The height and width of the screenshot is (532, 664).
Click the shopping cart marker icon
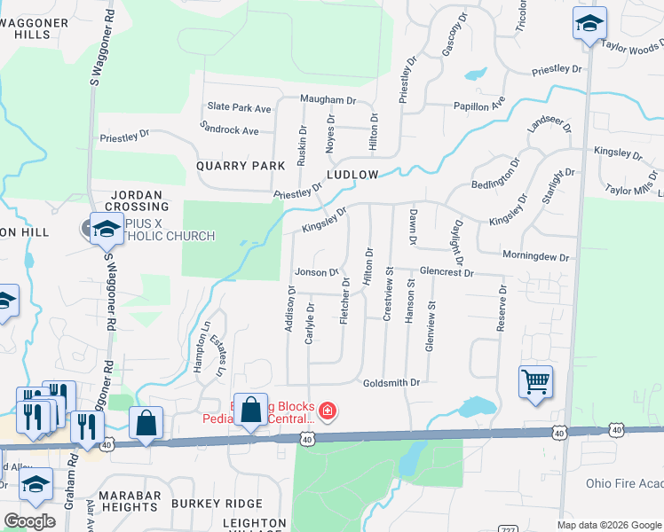point(536,382)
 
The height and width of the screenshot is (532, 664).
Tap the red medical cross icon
point(327,411)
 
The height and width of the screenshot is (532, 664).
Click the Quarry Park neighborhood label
point(241,166)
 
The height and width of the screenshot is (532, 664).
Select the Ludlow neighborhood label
point(352,175)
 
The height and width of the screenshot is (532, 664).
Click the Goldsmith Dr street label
point(391,382)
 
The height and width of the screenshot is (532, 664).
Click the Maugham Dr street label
point(328,100)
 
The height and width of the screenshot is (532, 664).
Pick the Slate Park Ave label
point(239,108)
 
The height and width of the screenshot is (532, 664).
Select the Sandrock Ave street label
point(229,129)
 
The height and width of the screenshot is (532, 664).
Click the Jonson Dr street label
point(317,272)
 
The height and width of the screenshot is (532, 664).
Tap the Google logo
point(29,521)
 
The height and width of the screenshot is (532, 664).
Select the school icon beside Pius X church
point(107,229)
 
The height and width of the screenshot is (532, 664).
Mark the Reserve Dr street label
point(502,308)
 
